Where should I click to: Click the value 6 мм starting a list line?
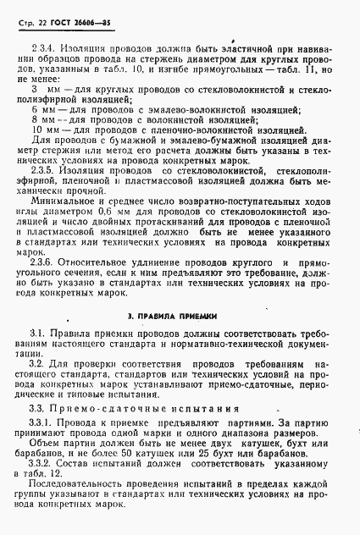(40, 110)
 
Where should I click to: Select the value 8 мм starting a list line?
(40, 120)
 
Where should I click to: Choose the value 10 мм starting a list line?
(42, 130)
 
